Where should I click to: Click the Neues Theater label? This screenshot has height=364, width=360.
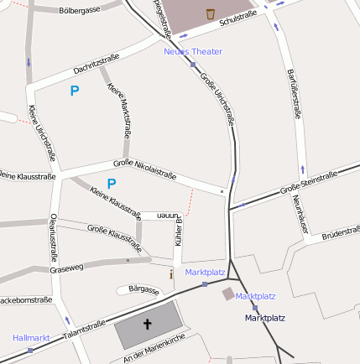[193, 52]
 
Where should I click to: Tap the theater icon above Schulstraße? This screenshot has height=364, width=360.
[209, 13]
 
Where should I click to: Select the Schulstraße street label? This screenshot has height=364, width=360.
[237, 19]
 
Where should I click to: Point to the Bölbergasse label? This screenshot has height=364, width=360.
[81, 11]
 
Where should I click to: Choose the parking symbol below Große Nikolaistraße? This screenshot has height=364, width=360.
[112, 184]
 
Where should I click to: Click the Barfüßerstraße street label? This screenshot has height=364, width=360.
[294, 97]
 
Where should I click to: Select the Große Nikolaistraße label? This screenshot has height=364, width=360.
[144, 169]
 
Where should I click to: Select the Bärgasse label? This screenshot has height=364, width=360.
[143, 289]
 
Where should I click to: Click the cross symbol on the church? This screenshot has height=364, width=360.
[148, 324]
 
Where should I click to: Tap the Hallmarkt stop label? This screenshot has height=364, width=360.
[32, 337]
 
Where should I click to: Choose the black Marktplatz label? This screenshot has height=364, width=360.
[265, 319]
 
